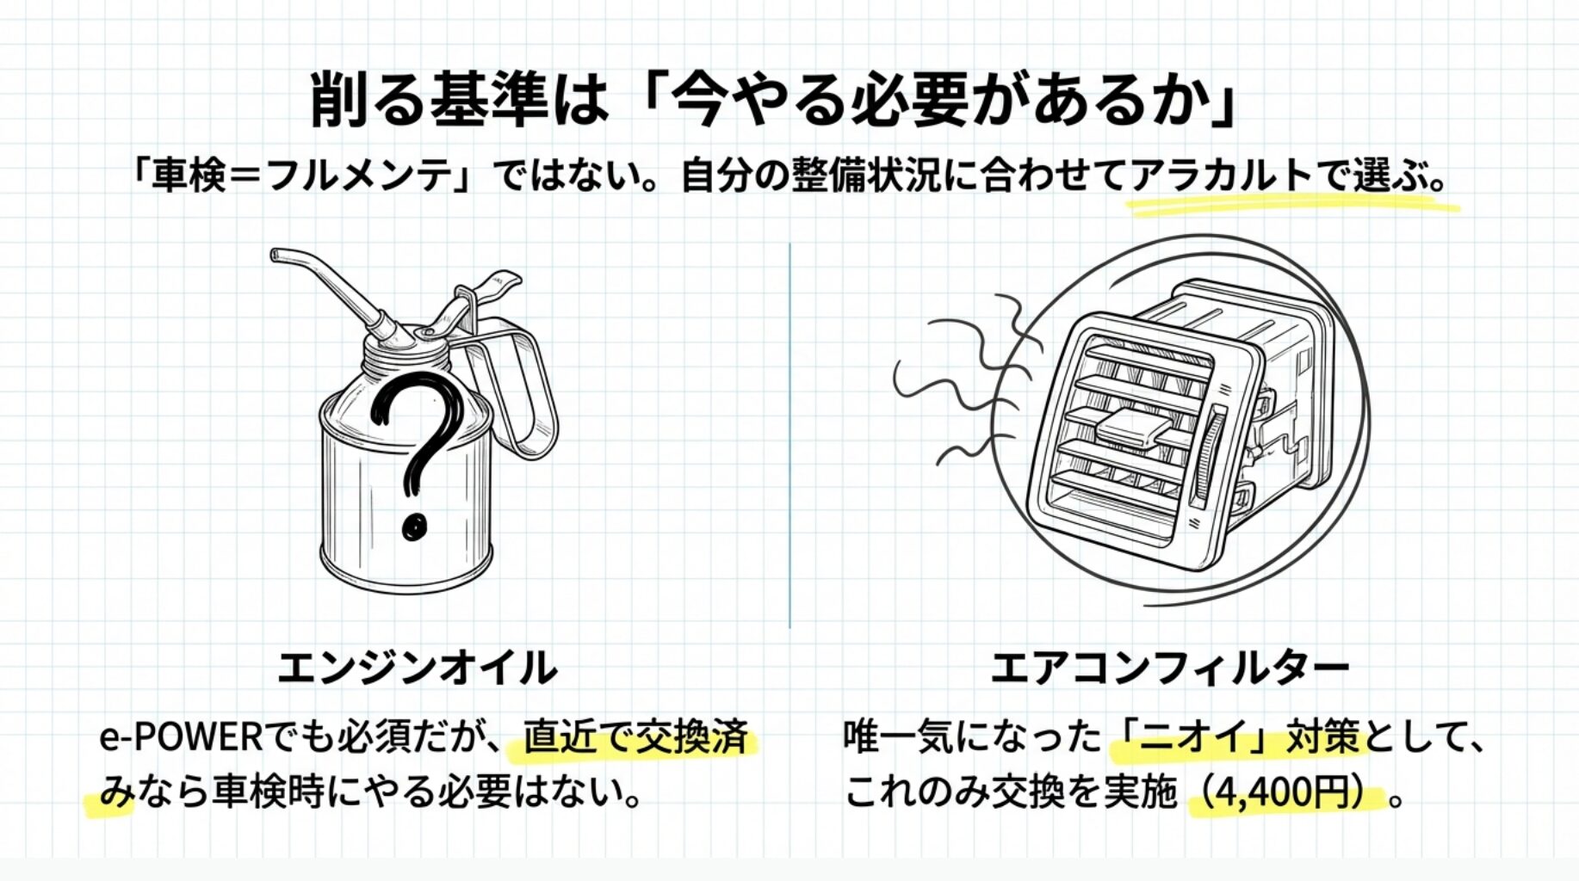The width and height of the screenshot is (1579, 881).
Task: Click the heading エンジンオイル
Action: pos(418,668)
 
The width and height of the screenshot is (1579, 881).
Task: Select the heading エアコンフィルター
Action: pos(1169,668)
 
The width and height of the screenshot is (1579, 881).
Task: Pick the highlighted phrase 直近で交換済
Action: pos(635,737)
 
